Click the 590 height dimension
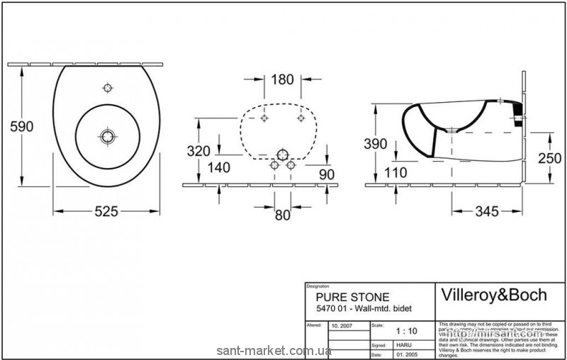(21, 126)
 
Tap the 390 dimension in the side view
(376, 144)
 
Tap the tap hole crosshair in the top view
(107, 88)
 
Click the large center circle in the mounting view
(283, 154)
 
